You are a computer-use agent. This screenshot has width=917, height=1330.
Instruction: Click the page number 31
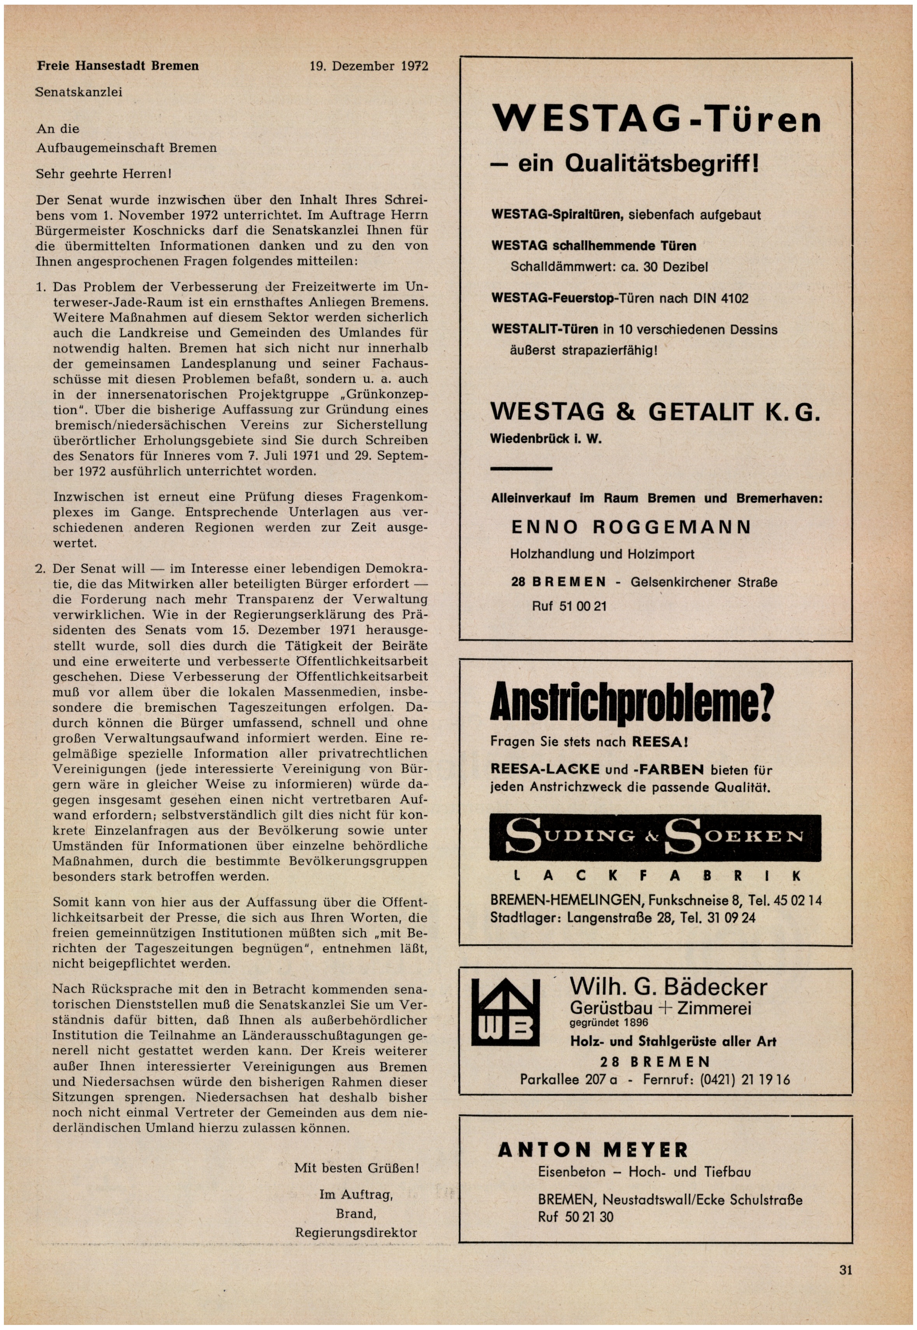845,1270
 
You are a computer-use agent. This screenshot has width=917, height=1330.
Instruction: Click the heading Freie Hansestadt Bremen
118,66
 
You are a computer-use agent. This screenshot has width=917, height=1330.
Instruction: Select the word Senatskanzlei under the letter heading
79,92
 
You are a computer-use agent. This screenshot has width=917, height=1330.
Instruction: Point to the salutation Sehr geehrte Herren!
104,174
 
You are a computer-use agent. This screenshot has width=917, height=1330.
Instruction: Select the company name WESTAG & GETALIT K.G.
655,412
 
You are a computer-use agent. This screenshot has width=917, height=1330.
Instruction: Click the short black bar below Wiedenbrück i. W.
521,469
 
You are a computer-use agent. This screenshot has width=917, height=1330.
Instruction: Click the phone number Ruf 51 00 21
569,606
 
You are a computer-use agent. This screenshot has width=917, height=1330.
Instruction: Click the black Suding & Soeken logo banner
655,837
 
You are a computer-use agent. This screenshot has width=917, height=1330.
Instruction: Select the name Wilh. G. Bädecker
668,987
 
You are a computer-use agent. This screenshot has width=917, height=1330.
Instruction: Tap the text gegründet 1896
609,1023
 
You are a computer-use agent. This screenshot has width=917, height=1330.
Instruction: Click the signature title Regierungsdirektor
356,1232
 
